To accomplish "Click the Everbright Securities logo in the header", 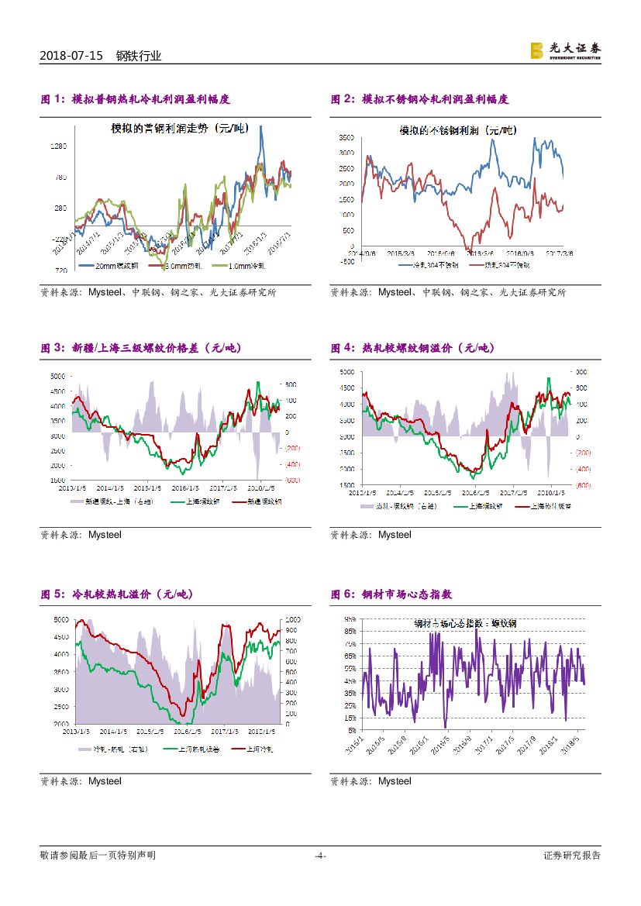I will tap(565, 50).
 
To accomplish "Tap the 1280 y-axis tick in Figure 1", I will tap(59, 146).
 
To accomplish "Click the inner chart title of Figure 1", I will tap(178, 129).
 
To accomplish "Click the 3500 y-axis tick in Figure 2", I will tap(346, 137).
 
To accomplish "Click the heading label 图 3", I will tap(51, 348).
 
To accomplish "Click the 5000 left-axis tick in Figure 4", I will tap(346, 372).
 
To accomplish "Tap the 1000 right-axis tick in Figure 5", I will tap(293, 621).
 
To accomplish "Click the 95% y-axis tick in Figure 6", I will tap(350, 619).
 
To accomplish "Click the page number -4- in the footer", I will tap(319, 856).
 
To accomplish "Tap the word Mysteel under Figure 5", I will tap(105, 780).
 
